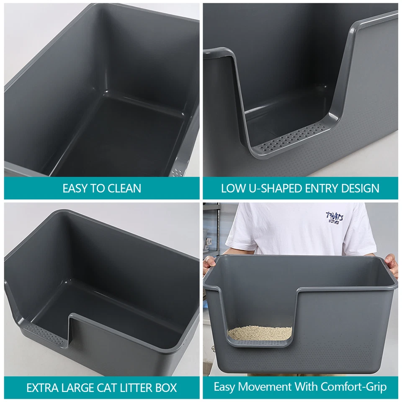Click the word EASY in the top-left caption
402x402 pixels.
[75, 188]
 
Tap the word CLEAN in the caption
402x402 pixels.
[124, 188]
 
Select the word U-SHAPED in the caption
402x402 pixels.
[268, 188]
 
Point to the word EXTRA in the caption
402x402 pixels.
[41, 387]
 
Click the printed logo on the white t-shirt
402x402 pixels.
[335, 217]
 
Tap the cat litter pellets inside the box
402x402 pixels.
[260, 333]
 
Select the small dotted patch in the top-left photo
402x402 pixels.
[178, 172]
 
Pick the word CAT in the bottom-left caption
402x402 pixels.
[106, 387]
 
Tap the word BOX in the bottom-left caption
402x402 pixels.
[167, 387]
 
